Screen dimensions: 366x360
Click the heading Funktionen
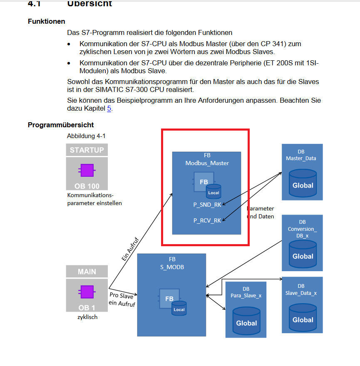tap(46, 21)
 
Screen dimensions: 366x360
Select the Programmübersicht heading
tap(61, 125)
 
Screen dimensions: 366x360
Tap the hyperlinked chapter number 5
tap(109, 109)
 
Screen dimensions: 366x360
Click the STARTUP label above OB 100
tap(87, 150)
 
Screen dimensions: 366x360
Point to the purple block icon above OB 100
tap(87, 171)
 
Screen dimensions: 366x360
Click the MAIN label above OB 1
tap(87, 272)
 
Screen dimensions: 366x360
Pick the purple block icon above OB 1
tap(87, 292)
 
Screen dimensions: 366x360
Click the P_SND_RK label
tap(207, 204)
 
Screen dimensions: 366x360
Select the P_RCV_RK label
tap(207, 220)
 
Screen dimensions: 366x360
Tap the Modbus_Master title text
tap(207, 163)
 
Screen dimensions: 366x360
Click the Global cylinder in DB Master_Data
tap(303, 183)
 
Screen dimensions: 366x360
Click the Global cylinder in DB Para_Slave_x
tap(246, 321)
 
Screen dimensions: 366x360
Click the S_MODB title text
tap(172, 267)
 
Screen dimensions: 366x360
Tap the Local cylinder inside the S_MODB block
tap(179, 308)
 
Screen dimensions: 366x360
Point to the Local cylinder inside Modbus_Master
tap(214, 192)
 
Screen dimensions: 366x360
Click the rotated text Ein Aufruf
tap(131, 249)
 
